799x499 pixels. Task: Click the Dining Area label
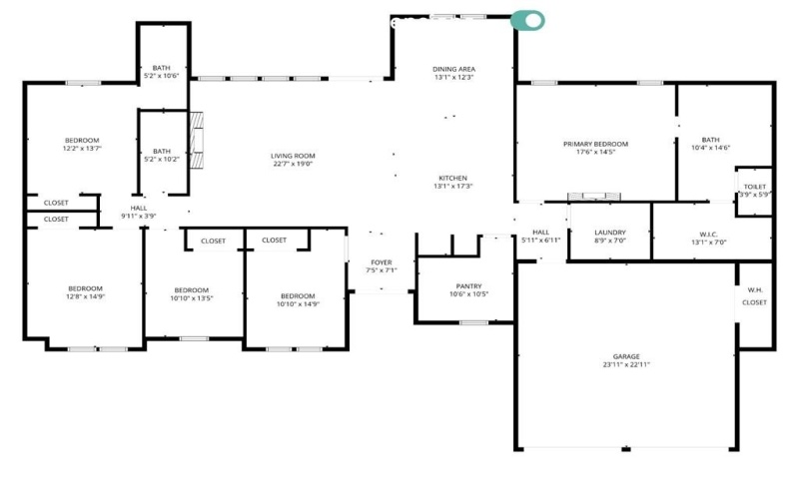(452, 69)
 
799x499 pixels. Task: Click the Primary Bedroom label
(595, 144)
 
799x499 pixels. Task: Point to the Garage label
(626, 356)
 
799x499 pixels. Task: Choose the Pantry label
(467, 285)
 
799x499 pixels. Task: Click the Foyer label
(381, 262)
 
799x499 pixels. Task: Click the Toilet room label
(754, 187)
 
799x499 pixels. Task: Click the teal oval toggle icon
(527, 20)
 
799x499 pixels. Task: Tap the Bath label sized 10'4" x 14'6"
(710, 140)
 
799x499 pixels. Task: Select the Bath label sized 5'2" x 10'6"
(161, 67)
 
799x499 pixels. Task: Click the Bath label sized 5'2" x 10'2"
(161, 151)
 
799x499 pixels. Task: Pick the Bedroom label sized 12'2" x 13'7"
(82, 140)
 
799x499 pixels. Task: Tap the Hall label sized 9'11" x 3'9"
(139, 208)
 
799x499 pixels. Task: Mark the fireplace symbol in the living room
(198, 140)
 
